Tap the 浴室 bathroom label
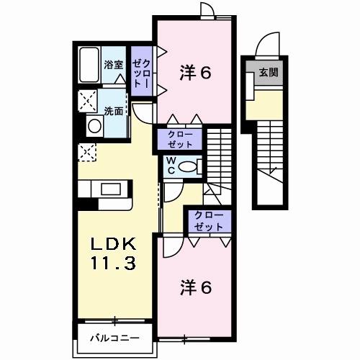click(x=114, y=65)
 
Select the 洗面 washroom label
click(x=113, y=111)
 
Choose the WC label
click(x=174, y=165)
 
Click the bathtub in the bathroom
click(x=89, y=67)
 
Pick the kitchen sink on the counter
click(x=111, y=189)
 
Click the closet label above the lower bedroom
click(x=208, y=221)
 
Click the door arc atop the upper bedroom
click(x=207, y=9)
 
